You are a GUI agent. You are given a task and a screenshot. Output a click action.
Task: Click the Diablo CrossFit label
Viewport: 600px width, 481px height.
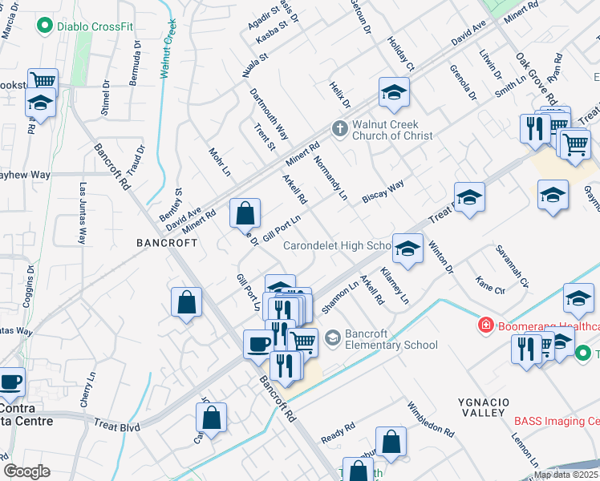point(95,26)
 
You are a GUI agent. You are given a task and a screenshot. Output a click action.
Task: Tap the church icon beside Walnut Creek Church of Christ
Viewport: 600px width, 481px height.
point(340,128)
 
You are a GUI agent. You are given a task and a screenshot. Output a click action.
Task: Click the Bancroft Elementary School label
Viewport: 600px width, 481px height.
point(391,339)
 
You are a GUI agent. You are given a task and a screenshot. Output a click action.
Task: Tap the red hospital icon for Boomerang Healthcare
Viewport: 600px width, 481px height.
point(485,325)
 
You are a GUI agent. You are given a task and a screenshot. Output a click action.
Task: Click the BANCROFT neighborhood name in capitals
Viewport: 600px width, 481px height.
point(167,242)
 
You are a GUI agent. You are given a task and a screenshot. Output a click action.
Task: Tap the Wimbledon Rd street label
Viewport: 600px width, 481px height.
point(432,419)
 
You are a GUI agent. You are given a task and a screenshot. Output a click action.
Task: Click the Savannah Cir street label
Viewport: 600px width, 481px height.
point(512,265)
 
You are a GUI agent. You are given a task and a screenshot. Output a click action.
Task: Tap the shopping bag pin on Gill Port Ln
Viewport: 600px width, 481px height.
point(245,213)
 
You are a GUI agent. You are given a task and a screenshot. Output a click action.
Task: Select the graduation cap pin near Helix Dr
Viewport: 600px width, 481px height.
point(394,93)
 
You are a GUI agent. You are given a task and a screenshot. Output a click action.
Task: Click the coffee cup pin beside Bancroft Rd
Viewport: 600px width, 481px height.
point(258,344)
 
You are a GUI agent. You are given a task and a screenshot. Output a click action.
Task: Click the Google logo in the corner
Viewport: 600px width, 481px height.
point(26,471)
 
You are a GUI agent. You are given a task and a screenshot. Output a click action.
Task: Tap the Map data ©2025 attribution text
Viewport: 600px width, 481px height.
point(566,475)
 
